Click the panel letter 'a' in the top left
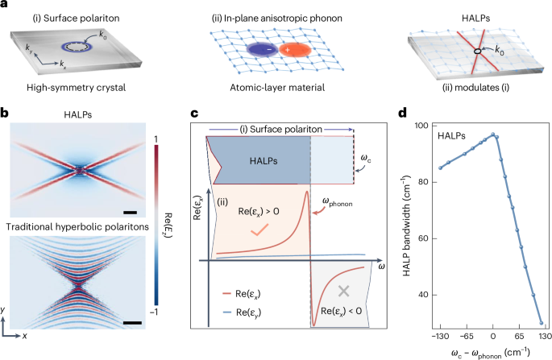pos(5,6)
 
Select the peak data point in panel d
pos(493,135)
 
